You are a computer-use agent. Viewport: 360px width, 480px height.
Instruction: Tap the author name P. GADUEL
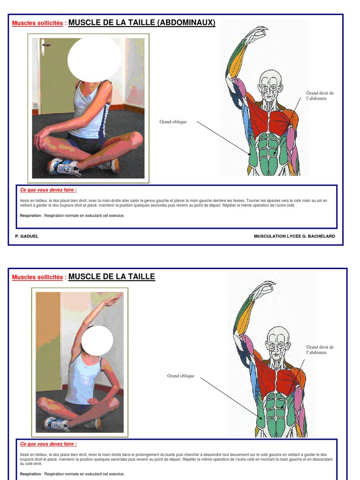(27, 236)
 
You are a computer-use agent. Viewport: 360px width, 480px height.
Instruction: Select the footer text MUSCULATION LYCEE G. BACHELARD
(294, 236)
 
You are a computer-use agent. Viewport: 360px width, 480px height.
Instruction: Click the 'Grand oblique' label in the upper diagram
(173, 122)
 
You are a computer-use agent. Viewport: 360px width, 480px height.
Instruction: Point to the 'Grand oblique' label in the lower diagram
(180, 376)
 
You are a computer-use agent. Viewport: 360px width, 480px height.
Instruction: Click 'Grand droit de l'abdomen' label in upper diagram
(320, 96)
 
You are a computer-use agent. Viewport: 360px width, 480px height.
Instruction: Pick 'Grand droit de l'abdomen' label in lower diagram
(320, 350)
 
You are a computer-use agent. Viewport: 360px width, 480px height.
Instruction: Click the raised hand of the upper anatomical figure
(256, 33)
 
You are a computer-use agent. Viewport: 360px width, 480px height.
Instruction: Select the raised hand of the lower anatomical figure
(264, 287)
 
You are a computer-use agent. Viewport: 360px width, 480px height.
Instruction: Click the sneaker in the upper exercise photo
(64, 167)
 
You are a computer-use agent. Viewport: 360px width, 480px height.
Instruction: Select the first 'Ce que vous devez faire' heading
(48, 190)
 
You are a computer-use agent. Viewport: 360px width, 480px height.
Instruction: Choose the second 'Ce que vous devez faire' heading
(48, 444)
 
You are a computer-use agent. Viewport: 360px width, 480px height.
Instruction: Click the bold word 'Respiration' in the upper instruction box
(30, 216)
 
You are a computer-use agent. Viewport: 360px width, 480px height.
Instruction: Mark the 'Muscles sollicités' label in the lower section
(37, 277)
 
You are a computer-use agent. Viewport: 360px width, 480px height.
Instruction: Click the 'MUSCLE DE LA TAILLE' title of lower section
(112, 277)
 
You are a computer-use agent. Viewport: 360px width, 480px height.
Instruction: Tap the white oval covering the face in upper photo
(94, 59)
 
